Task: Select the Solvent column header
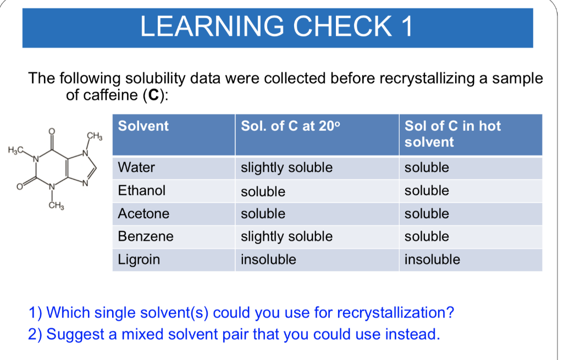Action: pyautogui.click(x=143, y=126)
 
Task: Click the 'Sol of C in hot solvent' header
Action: pyautogui.click(x=452, y=134)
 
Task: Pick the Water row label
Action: pyautogui.click(x=137, y=167)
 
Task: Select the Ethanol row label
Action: pyautogui.click(x=142, y=191)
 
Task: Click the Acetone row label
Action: pyautogui.click(x=144, y=213)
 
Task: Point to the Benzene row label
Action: pyautogui.click(x=146, y=236)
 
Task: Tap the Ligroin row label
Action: pyautogui.click(x=139, y=259)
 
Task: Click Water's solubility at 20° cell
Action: pyautogui.click(x=286, y=167)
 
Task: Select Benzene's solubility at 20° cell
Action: pyautogui.click(x=286, y=236)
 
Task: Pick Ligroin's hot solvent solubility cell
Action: pyautogui.click(x=432, y=259)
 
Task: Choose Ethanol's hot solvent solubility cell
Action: pyautogui.click(x=427, y=191)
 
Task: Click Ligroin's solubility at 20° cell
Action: pyautogui.click(x=268, y=259)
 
